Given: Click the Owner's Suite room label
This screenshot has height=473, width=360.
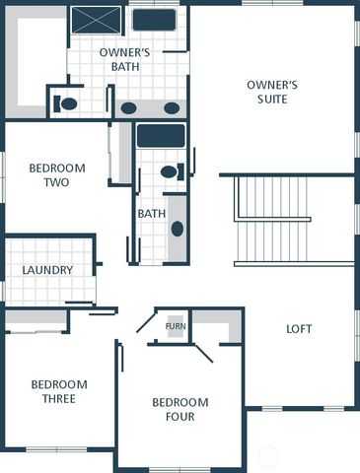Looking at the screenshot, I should (271, 91).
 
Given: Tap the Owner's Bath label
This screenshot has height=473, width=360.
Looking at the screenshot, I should (123, 58).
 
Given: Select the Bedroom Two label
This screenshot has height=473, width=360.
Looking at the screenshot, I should (56, 174).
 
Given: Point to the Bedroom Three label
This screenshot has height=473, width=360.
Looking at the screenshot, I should (58, 391).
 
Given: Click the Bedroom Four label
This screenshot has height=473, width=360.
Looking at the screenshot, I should (180, 409).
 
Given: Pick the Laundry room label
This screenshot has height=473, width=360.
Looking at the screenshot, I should (46, 270).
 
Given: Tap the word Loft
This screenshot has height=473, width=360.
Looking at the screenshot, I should (298, 328).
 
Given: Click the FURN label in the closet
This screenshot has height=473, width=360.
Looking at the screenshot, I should (176, 326).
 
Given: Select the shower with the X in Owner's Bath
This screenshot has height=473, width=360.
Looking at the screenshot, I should (97, 20).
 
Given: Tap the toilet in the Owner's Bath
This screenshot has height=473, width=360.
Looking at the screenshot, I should (67, 101).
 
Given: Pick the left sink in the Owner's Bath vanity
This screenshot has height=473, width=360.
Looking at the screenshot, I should (129, 107).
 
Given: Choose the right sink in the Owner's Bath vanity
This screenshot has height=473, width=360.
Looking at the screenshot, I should (171, 107).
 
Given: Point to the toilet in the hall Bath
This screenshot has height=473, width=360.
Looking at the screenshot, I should (171, 172).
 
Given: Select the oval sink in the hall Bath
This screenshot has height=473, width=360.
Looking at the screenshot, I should (178, 229).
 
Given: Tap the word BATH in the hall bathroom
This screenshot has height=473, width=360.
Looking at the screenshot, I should (151, 213).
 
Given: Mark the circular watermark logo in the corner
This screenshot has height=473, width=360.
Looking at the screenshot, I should (268, 456).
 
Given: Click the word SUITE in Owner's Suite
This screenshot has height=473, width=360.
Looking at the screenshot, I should (271, 99).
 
